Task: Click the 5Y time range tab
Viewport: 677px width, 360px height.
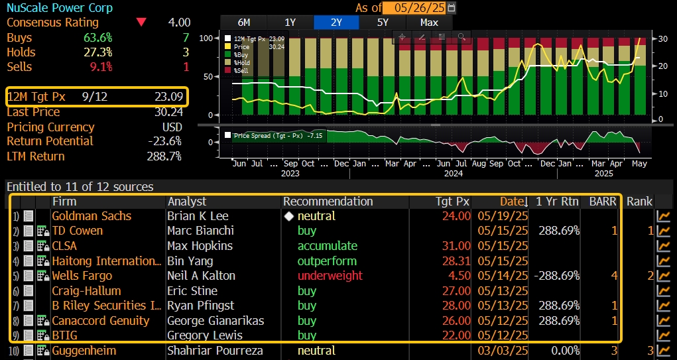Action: tap(383, 22)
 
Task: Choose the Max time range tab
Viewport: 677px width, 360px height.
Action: tap(429, 22)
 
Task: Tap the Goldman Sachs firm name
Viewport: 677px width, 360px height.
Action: tap(92, 216)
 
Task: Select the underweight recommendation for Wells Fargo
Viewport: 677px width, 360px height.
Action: tap(330, 276)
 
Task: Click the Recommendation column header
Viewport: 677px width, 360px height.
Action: tap(328, 201)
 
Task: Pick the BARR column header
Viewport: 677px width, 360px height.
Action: tap(603, 201)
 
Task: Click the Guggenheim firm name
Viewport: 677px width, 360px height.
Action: tap(84, 351)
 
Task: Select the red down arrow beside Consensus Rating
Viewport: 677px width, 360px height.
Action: tap(141, 22)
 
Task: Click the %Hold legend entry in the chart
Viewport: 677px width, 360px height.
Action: tap(241, 62)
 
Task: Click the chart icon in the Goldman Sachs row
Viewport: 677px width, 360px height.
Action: tap(662, 216)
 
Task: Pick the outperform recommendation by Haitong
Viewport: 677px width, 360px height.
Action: tap(327, 261)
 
